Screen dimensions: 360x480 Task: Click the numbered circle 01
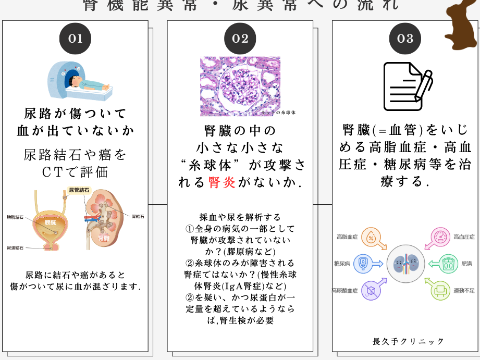point(75,39)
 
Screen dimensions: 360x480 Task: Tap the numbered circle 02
point(240,39)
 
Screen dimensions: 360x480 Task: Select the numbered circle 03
point(405,39)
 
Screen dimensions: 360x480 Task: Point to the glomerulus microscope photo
point(240,86)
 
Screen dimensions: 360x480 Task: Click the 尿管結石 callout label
point(80,190)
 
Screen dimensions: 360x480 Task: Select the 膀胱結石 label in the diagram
point(15,217)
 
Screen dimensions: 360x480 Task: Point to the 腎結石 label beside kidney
point(139,215)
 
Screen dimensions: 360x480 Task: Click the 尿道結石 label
point(15,248)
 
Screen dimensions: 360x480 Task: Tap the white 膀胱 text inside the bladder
point(51,222)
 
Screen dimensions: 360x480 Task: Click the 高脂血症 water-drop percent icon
point(371,238)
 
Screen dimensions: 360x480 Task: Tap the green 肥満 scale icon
point(449,264)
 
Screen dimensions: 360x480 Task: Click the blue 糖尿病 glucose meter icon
point(363,264)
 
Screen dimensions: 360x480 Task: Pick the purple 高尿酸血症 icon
point(371,290)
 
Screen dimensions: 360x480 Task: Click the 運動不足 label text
point(464,290)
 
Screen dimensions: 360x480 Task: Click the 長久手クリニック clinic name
point(409,341)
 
